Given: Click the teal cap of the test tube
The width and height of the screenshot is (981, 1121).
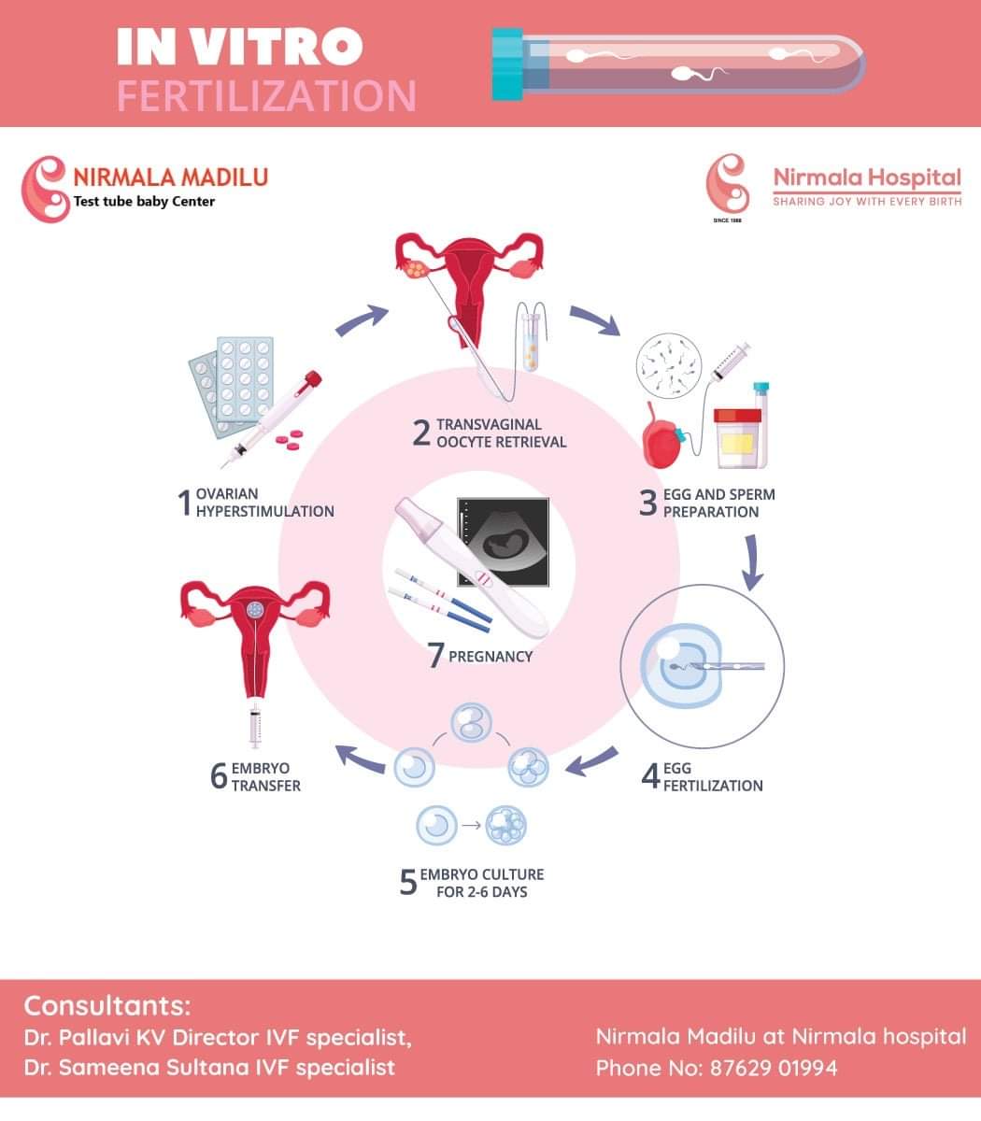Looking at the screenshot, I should click(x=507, y=64).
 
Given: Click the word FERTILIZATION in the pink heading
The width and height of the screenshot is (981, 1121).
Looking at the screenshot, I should click(x=266, y=96).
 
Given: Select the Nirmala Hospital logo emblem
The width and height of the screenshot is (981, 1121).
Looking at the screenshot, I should click(x=728, y=184).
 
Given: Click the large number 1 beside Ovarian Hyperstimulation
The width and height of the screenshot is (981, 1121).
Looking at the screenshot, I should click(x=184, y=504).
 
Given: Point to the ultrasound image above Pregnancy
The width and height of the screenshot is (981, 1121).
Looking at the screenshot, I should click(x=502, y=543).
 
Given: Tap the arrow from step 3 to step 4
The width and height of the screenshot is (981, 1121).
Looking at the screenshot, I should click(x=751, y=562).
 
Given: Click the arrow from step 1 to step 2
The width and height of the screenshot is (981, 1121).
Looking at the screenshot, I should click(x=362, y=319).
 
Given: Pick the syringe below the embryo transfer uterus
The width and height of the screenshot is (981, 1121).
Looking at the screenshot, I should click(x=253, y=726).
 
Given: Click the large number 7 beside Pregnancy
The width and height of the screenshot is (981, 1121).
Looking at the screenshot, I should click(x=435, y=656).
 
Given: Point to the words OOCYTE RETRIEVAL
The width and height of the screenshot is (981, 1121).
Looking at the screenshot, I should click(x=501, y=442).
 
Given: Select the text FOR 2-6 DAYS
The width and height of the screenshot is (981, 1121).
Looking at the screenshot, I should click(x=481, y=892).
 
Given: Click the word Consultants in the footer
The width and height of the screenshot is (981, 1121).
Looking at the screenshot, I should click(x=107, y=1006).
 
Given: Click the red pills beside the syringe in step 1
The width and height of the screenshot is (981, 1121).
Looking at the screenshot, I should click(x=292, y=436).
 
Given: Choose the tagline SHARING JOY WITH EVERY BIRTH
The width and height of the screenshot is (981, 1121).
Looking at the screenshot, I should click(x=867, y=202).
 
